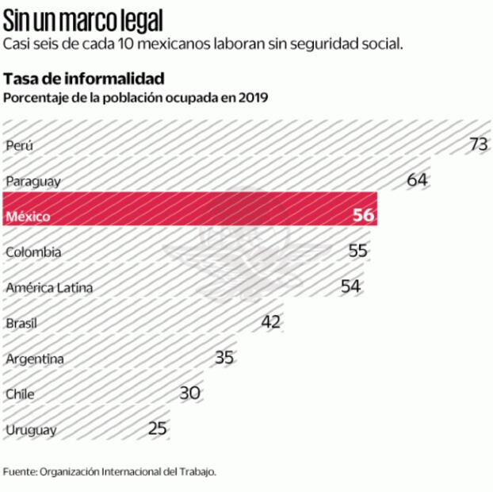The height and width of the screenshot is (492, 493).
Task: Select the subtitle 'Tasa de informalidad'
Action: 84,79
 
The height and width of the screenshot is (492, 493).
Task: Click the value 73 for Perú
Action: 478,144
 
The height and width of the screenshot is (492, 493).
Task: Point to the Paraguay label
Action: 32,181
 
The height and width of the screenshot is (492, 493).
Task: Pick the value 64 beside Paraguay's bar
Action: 417,180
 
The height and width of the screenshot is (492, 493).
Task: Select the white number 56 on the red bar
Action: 363,216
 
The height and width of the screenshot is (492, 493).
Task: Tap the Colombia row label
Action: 32,252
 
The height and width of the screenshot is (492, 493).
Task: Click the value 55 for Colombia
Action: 357,252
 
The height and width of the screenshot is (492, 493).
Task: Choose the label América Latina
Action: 48,288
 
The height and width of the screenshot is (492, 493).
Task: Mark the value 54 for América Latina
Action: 350,286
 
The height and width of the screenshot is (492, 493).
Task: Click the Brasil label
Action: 21,324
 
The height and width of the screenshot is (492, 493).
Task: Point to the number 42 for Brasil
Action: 271,322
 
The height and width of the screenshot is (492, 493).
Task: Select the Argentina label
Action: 34,359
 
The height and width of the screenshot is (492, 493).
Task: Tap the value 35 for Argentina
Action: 224,358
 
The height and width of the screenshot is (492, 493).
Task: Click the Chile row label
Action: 20,394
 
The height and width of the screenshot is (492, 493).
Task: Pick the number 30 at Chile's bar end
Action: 189,394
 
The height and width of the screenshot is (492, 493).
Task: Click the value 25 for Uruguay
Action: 158,429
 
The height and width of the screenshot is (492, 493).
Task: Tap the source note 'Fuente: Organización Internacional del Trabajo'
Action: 109,471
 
